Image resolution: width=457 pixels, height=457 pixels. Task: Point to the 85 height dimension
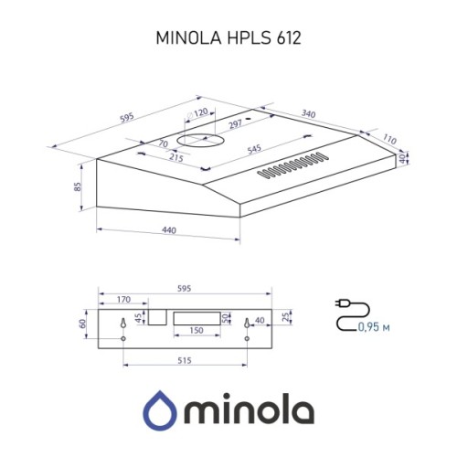coord(80,186)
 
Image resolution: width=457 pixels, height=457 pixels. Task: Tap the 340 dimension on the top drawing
coord(309,114)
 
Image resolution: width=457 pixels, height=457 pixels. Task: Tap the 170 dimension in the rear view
coord(123,299)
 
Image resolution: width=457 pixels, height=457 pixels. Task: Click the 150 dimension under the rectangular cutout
coord(196,331)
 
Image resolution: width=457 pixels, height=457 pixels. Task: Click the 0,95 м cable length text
coord(374,326)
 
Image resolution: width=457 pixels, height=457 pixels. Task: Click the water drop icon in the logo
coord(162,409)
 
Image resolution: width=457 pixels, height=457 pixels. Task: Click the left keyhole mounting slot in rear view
coord(123,324)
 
